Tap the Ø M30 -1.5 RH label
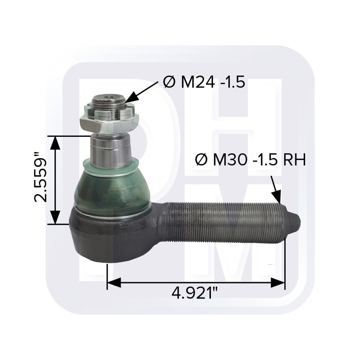(x=250, y=159)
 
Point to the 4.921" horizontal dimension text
(x=195, y=293)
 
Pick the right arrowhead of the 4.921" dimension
(x=277, y=282)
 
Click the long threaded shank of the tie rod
(x=222, y=220)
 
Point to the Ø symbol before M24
(x=169, y=82)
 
